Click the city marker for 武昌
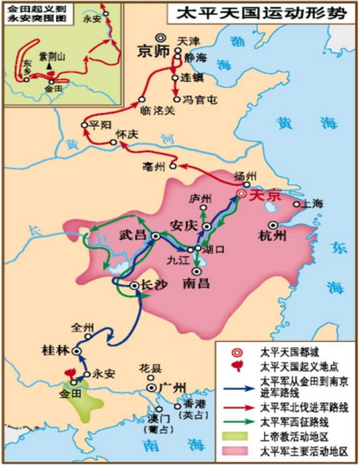tap(156, 236)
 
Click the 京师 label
tap(154, 51)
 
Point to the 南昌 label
tap(196, 283)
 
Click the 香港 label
tap(195, 404)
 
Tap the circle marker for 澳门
tap(159, 409)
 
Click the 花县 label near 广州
tap(149, 368)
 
